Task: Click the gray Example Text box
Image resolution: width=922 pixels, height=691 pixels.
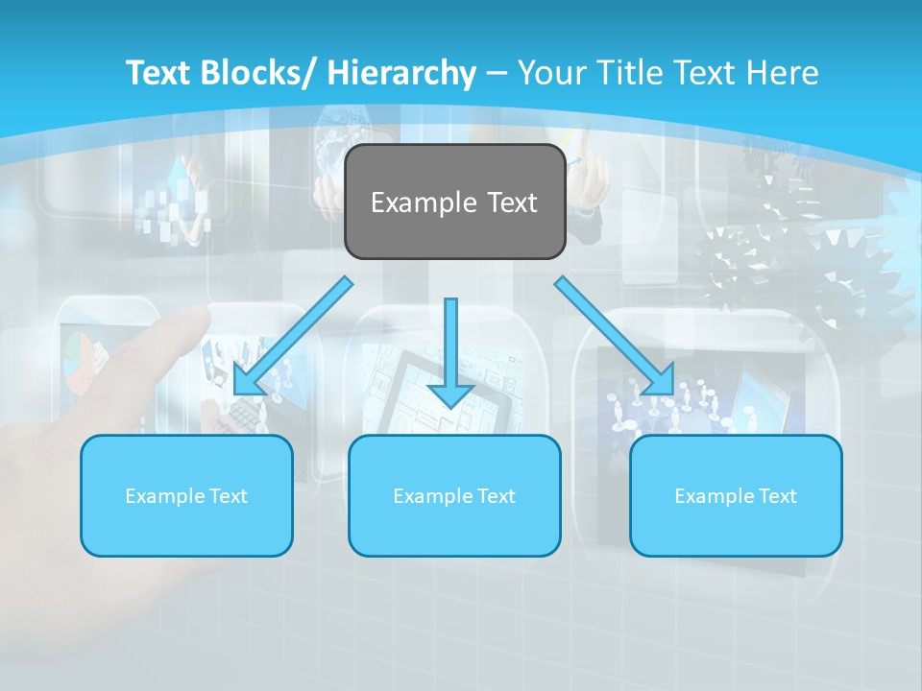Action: click(454, 203)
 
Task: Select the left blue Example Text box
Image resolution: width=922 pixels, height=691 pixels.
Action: click(186, 495)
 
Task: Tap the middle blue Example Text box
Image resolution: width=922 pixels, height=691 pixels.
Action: click(454, 495)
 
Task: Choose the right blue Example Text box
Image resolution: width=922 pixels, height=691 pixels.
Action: click(736, 495)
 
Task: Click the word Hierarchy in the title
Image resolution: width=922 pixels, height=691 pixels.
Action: click(401, 73)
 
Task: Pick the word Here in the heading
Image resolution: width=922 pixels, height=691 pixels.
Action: click(782, 73)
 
